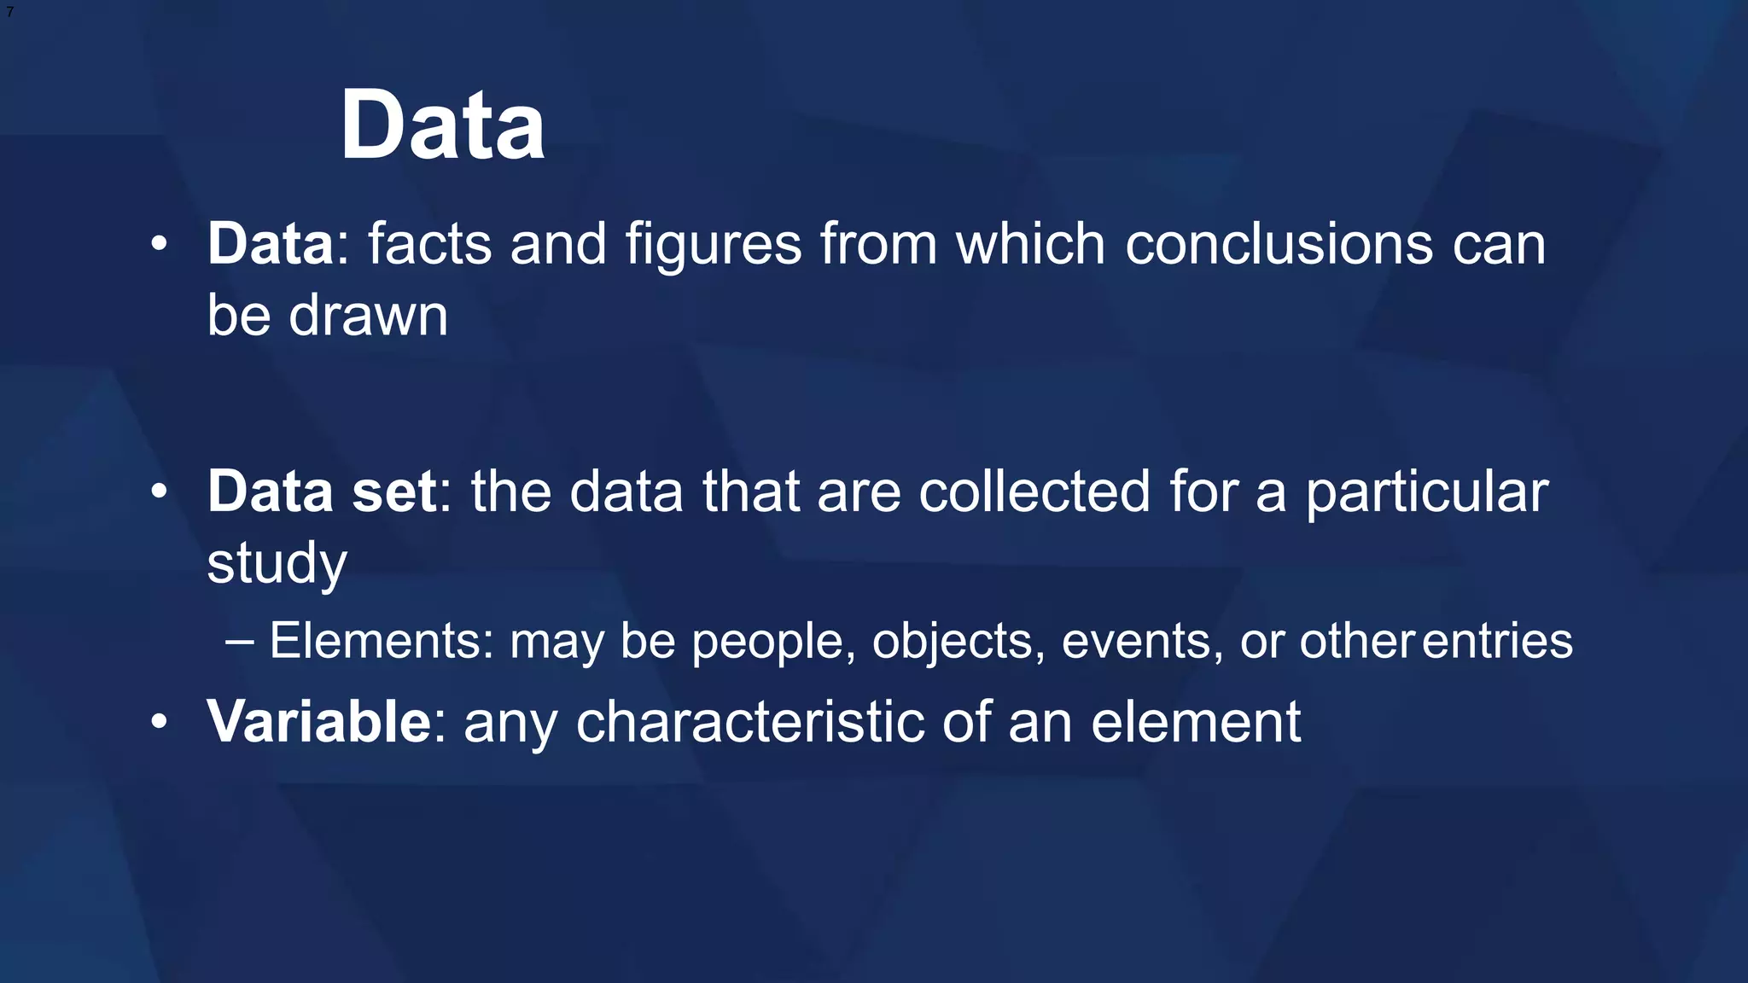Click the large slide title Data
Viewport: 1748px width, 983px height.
point(442,125)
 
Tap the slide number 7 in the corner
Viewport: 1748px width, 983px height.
point(9,12)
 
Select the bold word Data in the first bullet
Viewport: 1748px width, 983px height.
point(270,244)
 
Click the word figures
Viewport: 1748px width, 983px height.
point(714,246)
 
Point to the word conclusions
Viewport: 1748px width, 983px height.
point(1279,244)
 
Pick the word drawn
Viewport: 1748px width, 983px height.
point(368,316)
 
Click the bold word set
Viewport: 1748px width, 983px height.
point(394,491)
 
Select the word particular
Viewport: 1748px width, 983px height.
point(1427,493)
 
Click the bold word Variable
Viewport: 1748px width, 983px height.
point(319,722)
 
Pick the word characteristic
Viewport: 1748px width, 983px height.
point(750,722)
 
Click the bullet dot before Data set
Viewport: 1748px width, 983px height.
point(159,492)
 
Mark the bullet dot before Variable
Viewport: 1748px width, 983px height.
point(159,723)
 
